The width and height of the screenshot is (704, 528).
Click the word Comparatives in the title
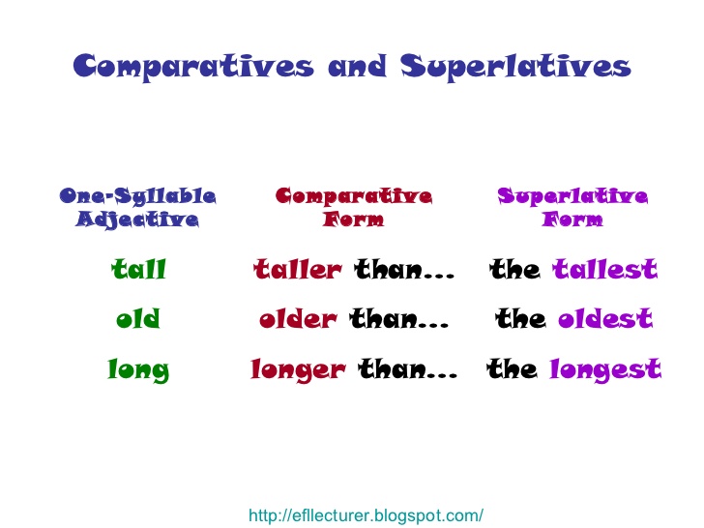pos(193,67)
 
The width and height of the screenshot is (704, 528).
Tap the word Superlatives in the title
pos(516,67)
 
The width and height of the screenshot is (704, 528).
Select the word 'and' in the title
pos(356,67)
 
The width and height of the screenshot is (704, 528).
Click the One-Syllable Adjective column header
pos(138,208)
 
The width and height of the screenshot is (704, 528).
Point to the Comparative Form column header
pos(354,208)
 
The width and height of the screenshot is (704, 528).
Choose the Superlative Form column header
pos(572,208)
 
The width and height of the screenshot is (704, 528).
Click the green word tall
pos(138,270)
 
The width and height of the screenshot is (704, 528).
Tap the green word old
pos(138,319)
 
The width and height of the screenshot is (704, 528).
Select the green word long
pos(138,369)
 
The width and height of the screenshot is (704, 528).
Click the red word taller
pos(298,270)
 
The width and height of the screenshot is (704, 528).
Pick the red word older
pos(299,319)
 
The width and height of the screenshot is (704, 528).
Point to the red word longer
pos(297,369)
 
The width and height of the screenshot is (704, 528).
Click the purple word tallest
pos(604,270)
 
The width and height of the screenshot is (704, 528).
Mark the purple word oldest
pos(604,319)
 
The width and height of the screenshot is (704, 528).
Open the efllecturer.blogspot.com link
pos(366,515)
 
